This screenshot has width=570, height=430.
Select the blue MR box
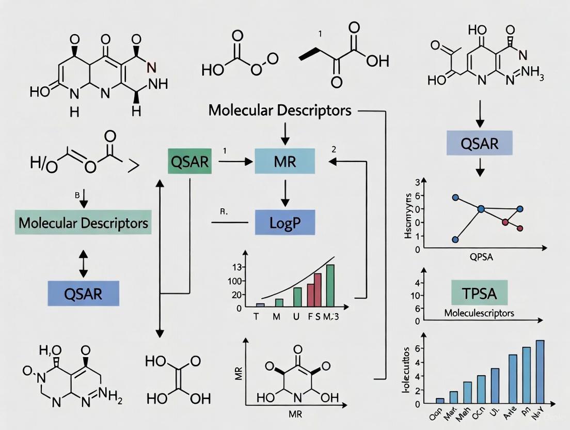point(285,162)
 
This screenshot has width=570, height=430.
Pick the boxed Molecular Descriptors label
point(83,223)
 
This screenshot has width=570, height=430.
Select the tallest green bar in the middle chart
point(330,286)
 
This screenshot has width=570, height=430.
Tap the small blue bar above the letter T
point(261,305)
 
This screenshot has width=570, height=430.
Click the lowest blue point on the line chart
point(455,239)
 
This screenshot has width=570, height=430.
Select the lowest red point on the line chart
point(520,228)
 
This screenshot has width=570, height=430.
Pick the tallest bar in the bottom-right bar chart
point(540,371)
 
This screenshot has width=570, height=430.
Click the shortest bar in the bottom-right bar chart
point(440,400)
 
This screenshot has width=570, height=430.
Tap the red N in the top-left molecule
point(151,66)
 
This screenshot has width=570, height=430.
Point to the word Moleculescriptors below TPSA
point(479,313)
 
